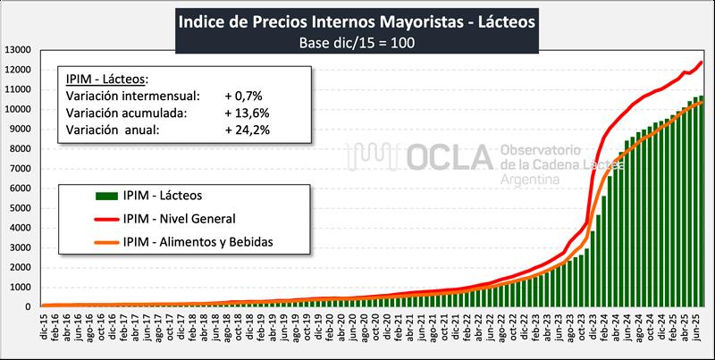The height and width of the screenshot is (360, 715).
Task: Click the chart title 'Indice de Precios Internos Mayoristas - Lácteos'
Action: [357, 20]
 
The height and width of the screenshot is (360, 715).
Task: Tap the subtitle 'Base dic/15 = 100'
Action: [357, 41]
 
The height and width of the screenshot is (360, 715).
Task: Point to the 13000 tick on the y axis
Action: [19, 50]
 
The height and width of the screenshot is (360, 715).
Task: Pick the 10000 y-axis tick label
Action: [19, 110]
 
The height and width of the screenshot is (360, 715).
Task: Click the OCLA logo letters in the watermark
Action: [452, 156]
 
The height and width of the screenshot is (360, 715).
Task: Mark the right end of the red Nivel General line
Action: [702, 62]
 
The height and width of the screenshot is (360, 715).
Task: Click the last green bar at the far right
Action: [702, 201]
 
